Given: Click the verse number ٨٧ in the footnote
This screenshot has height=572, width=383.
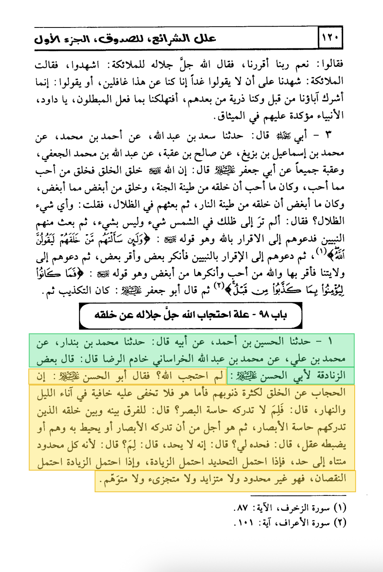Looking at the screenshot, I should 241,508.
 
